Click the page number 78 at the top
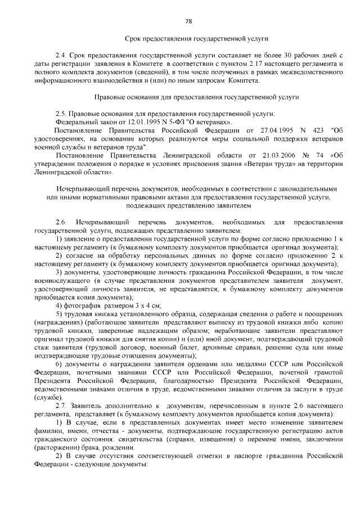point(188,21)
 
